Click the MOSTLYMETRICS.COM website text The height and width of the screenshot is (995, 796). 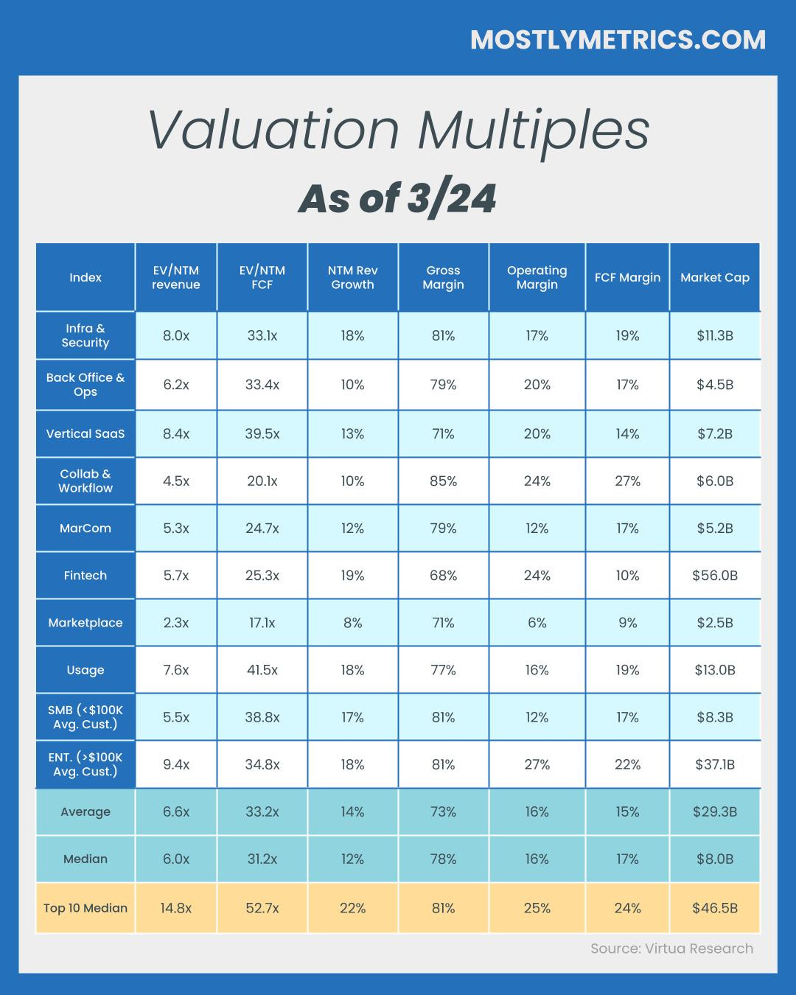[618, 39]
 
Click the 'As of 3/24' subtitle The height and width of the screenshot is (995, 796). [397, 198]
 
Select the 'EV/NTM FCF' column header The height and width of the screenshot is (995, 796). [262, 277]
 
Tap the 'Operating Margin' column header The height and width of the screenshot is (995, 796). [537, 277]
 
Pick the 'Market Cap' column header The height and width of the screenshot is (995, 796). [714, 277]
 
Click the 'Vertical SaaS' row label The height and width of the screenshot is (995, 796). [85, 433]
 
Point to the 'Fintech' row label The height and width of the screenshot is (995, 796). [85, 575]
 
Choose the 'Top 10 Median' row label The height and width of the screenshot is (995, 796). [85, 907]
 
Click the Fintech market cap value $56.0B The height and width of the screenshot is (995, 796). [714, 575]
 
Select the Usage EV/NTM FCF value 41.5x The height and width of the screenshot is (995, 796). [262, 669]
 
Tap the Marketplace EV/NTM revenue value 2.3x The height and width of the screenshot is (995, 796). [175, 622]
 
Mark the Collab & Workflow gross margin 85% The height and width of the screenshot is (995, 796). [443, 481]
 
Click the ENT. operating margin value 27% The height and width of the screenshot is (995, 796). [537, 764]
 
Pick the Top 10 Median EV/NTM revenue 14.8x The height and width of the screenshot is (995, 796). [175, 907]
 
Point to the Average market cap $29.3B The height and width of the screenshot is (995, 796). [714, 811]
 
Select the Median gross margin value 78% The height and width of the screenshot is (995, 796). [443, 859]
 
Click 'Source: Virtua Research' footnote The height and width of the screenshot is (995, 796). [671, 949]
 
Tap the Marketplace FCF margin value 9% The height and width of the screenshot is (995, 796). [627, 622]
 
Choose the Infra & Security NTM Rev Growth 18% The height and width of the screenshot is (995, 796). [352, 335]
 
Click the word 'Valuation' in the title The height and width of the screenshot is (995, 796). [273, 130]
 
